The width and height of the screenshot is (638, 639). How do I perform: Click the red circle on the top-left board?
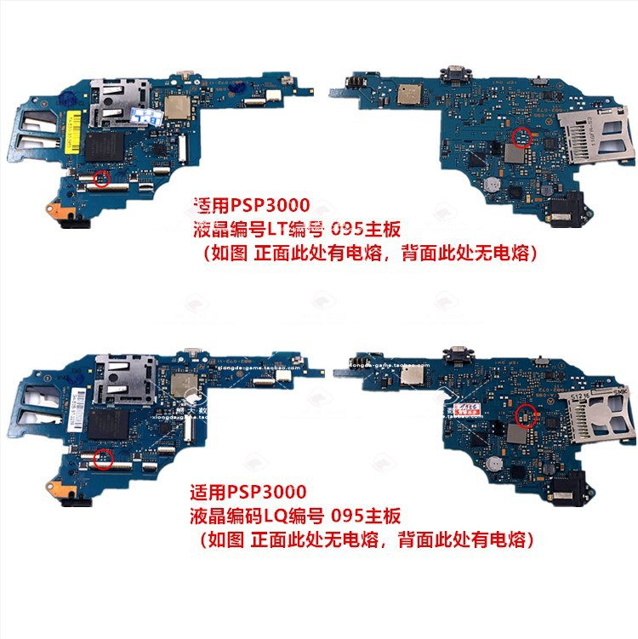102,178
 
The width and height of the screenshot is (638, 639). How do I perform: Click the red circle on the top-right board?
523,135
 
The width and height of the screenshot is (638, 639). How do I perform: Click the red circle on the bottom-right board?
526,414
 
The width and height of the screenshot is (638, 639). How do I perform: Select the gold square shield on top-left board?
176,106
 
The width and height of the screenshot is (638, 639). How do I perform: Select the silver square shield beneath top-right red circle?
516,154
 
